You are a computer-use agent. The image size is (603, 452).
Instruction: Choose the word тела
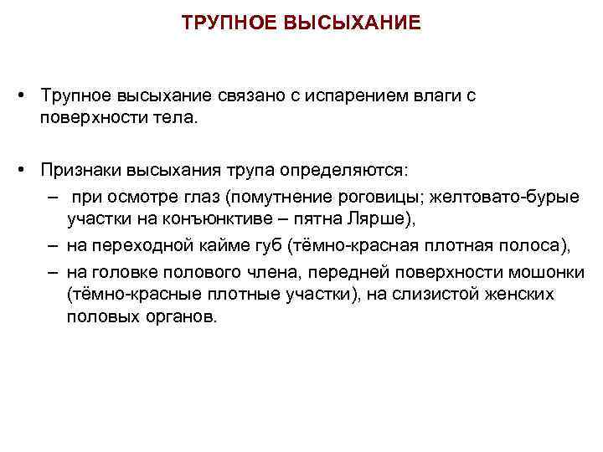[176, 118]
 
